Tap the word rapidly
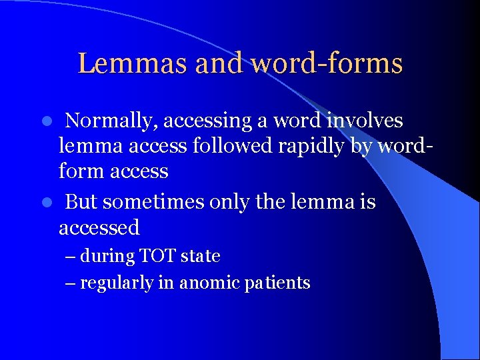(x=316, y=146)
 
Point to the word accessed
(x=99, y=227)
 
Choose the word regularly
(x=117, y=283)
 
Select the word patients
(x=277, y=283)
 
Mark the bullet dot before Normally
(x=47, y=121)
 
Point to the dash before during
(x=71, y=257)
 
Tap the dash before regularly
(x=71, y=283)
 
